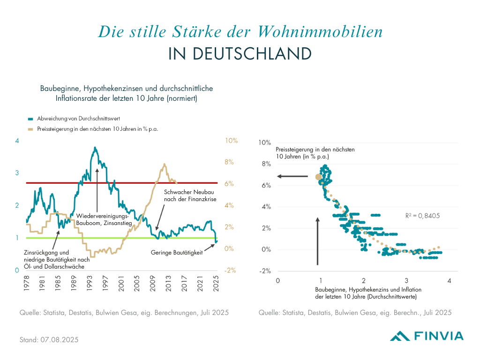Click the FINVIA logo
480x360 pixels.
[x=427, y=335]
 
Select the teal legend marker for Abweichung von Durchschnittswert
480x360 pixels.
[x=30, y=119]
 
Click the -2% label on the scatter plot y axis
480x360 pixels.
[x=265, y=271]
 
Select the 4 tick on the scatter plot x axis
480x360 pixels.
[x=449, y=281]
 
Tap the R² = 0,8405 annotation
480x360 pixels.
[x=422, y=216]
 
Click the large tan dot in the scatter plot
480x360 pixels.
[x=318, y=177]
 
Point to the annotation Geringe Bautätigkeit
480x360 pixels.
[x=176, y=252]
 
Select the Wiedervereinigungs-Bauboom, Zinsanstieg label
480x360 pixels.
[x=98, y=220]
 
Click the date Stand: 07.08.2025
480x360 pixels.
[x=49, y=339]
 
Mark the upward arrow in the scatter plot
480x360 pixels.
[x=318, y=241]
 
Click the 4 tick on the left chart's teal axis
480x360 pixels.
[x=17, y=141]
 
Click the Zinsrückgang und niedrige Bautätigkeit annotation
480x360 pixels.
[x=56, y=259]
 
